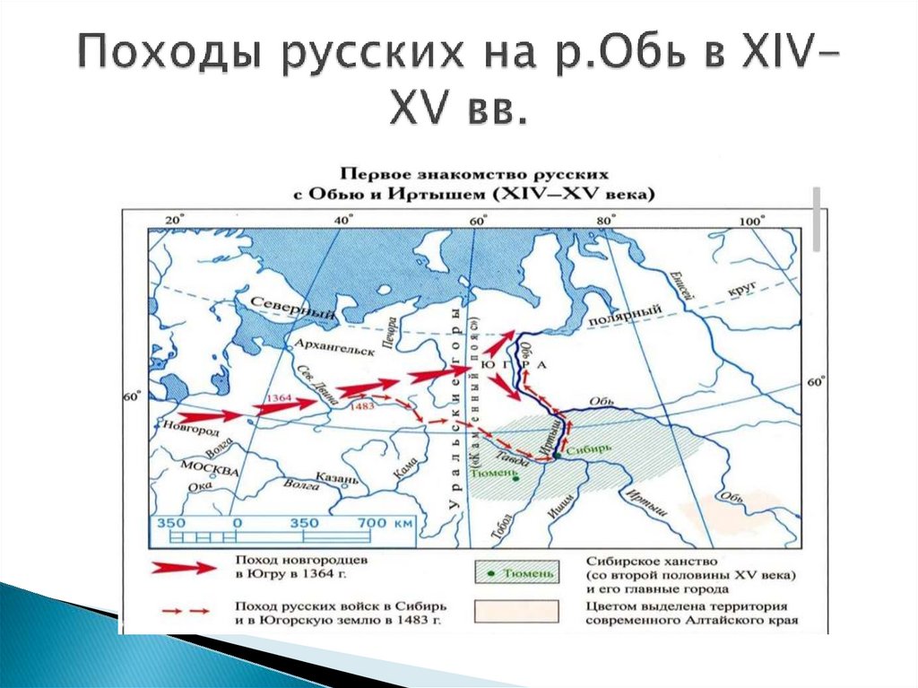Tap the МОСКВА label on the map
(x=210, y=469)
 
